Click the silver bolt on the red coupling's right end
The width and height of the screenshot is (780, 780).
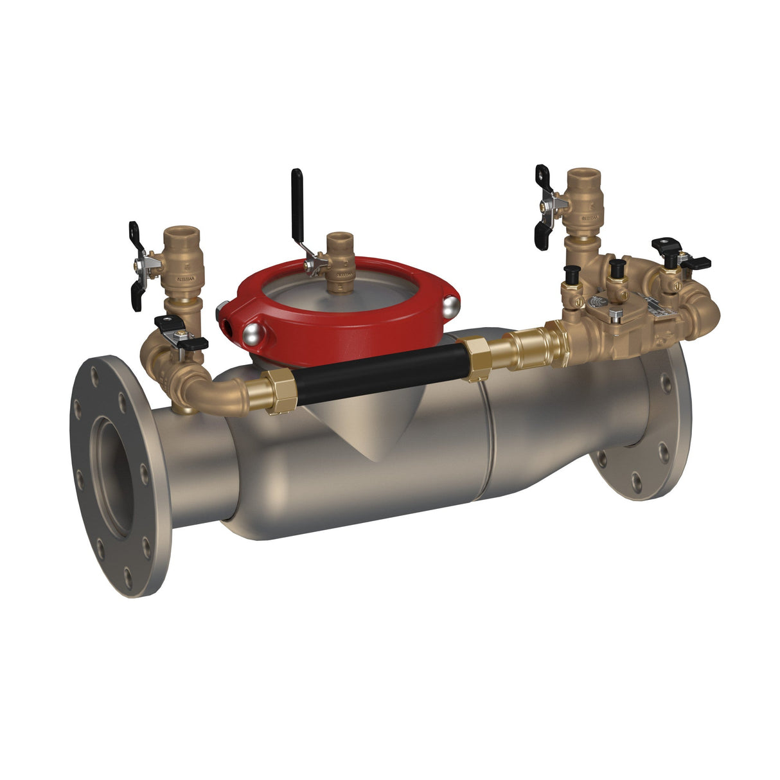point(452,306)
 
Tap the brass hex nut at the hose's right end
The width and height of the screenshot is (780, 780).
point(478,358)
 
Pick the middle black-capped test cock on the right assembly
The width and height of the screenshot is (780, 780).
point(618,267)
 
